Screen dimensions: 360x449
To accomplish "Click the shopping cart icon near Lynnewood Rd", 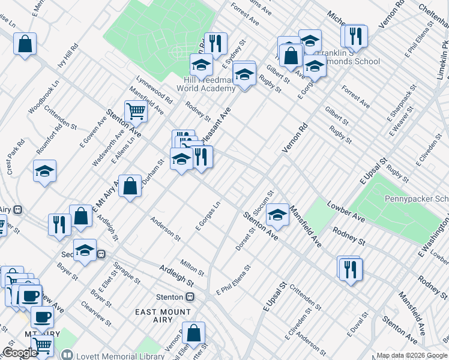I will click(x=136, y=110).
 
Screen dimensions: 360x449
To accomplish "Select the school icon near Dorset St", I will click(x=277, y=214).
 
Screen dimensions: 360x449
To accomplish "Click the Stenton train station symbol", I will click(x=190, y=297).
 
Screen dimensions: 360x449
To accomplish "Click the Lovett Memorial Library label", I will click(x=118, y=355).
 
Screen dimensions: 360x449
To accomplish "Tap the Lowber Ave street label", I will click(x=345, y=211).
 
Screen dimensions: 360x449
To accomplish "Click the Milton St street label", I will click(x=193, y=265).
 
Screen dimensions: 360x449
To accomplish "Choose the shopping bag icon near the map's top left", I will click(x=25, y=44).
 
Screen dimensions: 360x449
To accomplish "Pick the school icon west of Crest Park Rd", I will click(x=44, y=171).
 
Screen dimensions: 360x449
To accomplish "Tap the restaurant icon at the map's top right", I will click(x=354, y=36).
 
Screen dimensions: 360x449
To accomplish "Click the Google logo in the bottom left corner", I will click(x=19, y=353).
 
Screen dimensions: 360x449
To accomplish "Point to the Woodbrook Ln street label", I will click(x=44, y=98).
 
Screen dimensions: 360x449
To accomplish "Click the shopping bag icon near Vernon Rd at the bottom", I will click(x=194, y=333).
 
